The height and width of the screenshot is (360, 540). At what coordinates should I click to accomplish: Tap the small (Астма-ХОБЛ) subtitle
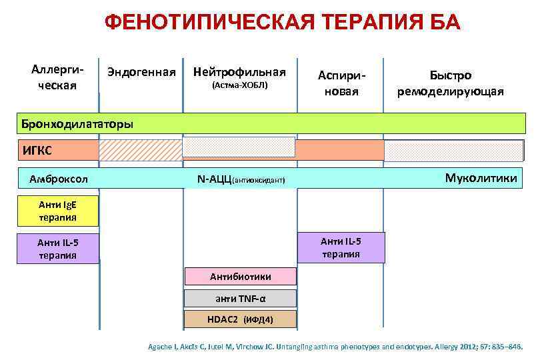click(x=239, y=86)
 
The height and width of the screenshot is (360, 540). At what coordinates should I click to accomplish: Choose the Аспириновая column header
click(x=341, y=84)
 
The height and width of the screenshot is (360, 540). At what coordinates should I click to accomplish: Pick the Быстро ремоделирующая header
click(x=451, y=84)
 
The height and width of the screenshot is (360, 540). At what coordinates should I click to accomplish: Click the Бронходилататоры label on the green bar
click(x=77, y=124)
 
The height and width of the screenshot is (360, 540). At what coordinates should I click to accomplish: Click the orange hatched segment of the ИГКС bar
click(x=140, y=150)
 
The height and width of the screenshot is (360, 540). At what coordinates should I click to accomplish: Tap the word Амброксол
click(x=59, y=179)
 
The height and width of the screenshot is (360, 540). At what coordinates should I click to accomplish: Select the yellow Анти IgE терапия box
click(x=57, y=211)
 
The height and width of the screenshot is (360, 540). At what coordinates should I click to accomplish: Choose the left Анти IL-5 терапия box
click(x=57, y=249)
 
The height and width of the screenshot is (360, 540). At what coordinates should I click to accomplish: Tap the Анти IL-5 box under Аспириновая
click(x=341, y=247)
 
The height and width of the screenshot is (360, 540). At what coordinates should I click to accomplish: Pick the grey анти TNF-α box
click(x=240, y=298)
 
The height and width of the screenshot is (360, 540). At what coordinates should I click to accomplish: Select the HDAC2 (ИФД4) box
click(x=240, y=319)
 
